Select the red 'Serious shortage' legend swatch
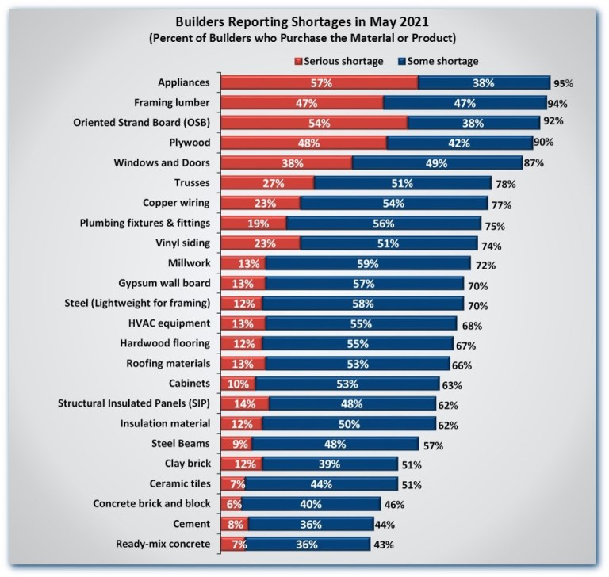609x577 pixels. coord(298,60)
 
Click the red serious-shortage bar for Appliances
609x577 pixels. coord(319,82)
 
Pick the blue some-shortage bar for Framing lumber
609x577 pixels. coord(464,103)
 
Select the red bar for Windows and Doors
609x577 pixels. coord(286,163)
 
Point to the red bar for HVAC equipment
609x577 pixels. coord(243,324)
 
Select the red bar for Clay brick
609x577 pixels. coord(241,464)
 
